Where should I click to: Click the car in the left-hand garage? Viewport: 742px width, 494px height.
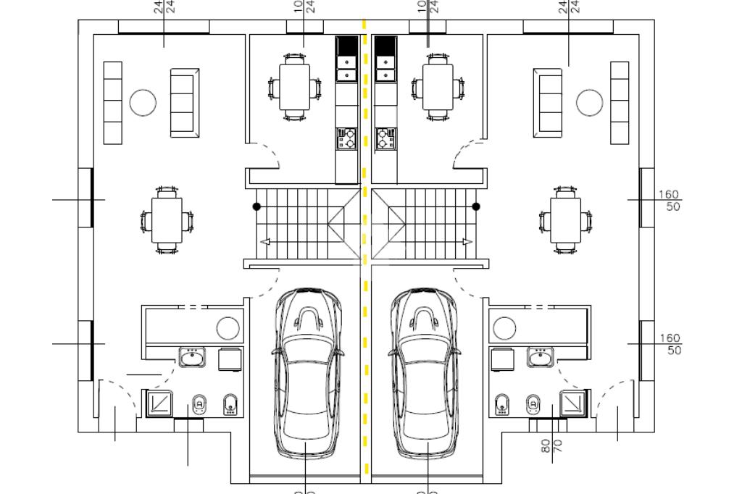coord(307,373)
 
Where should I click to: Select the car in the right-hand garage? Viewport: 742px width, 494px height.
coord(427,373)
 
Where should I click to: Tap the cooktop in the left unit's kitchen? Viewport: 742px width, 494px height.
coord(346,138)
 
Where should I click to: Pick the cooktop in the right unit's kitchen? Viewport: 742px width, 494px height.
coord(385,138)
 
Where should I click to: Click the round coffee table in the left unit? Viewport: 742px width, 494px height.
coord(143,103)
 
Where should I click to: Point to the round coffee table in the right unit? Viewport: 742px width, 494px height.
coord(589,103)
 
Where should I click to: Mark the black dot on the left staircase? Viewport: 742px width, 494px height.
coord(257,206)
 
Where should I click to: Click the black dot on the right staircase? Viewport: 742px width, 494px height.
coord(476,206)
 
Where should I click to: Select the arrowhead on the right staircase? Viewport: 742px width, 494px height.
coord(467,241)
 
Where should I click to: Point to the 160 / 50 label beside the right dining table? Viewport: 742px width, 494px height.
coord(670,201)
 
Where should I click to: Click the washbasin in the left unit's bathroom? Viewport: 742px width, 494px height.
coord(192,357)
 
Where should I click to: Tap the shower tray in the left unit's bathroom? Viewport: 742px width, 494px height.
coord(159,403)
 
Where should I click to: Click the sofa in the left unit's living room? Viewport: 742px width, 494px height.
coord(184,103)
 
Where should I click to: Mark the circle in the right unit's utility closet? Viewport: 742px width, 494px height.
coord(504,329)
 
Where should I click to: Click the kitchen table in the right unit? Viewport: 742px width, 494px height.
coord(438,87)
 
